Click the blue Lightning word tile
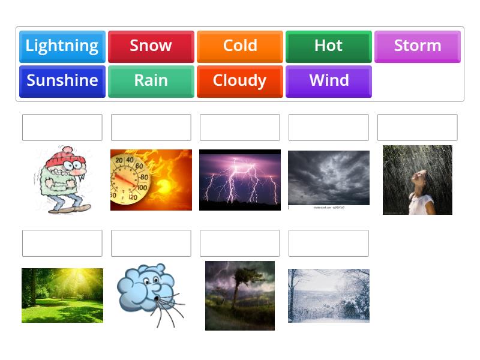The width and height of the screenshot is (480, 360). [62, 46]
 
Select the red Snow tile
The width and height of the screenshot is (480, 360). [151, 46]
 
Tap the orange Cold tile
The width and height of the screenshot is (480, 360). [240, 46]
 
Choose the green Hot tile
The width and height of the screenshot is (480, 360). [329, 46]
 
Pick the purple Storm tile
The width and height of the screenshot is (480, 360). [418, 46]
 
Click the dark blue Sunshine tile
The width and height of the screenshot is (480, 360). [62, 81]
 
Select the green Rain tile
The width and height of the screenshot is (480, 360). [151, 81]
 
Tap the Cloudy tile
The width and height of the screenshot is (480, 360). [240, 81]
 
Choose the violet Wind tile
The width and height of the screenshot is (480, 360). [329, 81]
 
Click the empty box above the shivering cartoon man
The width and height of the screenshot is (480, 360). [62, 127]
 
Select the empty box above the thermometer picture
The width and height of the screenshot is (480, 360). [151, 127]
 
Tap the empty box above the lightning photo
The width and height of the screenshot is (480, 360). [240, 127]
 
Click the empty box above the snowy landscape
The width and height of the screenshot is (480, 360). [329, 243]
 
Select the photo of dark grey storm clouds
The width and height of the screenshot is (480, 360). [329, 178]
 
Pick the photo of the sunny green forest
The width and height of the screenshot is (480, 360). [62, 295]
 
